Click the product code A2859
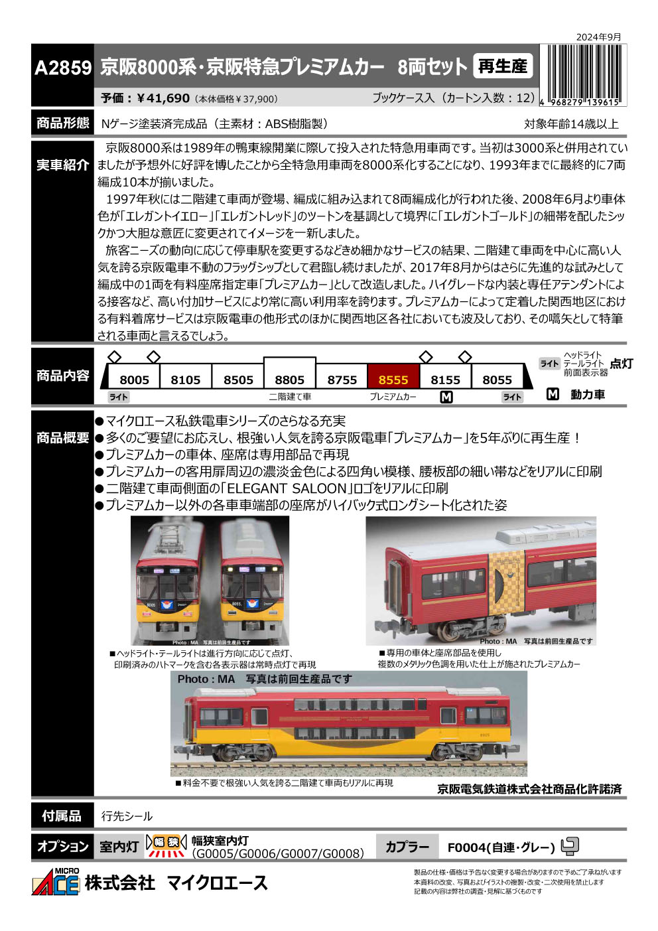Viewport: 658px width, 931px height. coord(62,68)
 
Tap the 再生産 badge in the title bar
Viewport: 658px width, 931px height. coord(503,66)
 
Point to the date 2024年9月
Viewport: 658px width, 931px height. coord(598,37)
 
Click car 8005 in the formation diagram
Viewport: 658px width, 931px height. coord(134,380)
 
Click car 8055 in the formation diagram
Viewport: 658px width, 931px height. coord(497,380)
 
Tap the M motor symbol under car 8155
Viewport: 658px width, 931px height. coord(446,397)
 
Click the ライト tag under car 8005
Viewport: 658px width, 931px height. coord(119,397)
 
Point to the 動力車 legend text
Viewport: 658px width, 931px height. coord(588,395)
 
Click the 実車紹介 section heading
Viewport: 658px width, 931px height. coord(62,165)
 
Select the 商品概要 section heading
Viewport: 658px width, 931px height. coord(62,438)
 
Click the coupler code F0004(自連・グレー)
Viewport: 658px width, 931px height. coord(501,847)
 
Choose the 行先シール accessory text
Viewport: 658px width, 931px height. coord(127,816)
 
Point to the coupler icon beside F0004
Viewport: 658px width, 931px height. coord(570,846)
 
